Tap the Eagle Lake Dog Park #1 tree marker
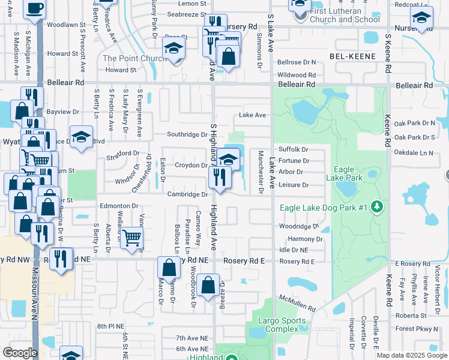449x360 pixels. pos(377,208)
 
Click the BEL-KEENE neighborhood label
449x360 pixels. pos(352,56)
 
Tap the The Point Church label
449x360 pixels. pos(135,58)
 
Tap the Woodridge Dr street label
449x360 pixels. pos(299,227)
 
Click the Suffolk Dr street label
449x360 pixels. pos(294,149)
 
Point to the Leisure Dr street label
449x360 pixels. pos(294,185)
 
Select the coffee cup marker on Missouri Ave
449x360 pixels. pos(35,8)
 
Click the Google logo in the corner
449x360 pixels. pos(20,353)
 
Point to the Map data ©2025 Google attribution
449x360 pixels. pos(412,355)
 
